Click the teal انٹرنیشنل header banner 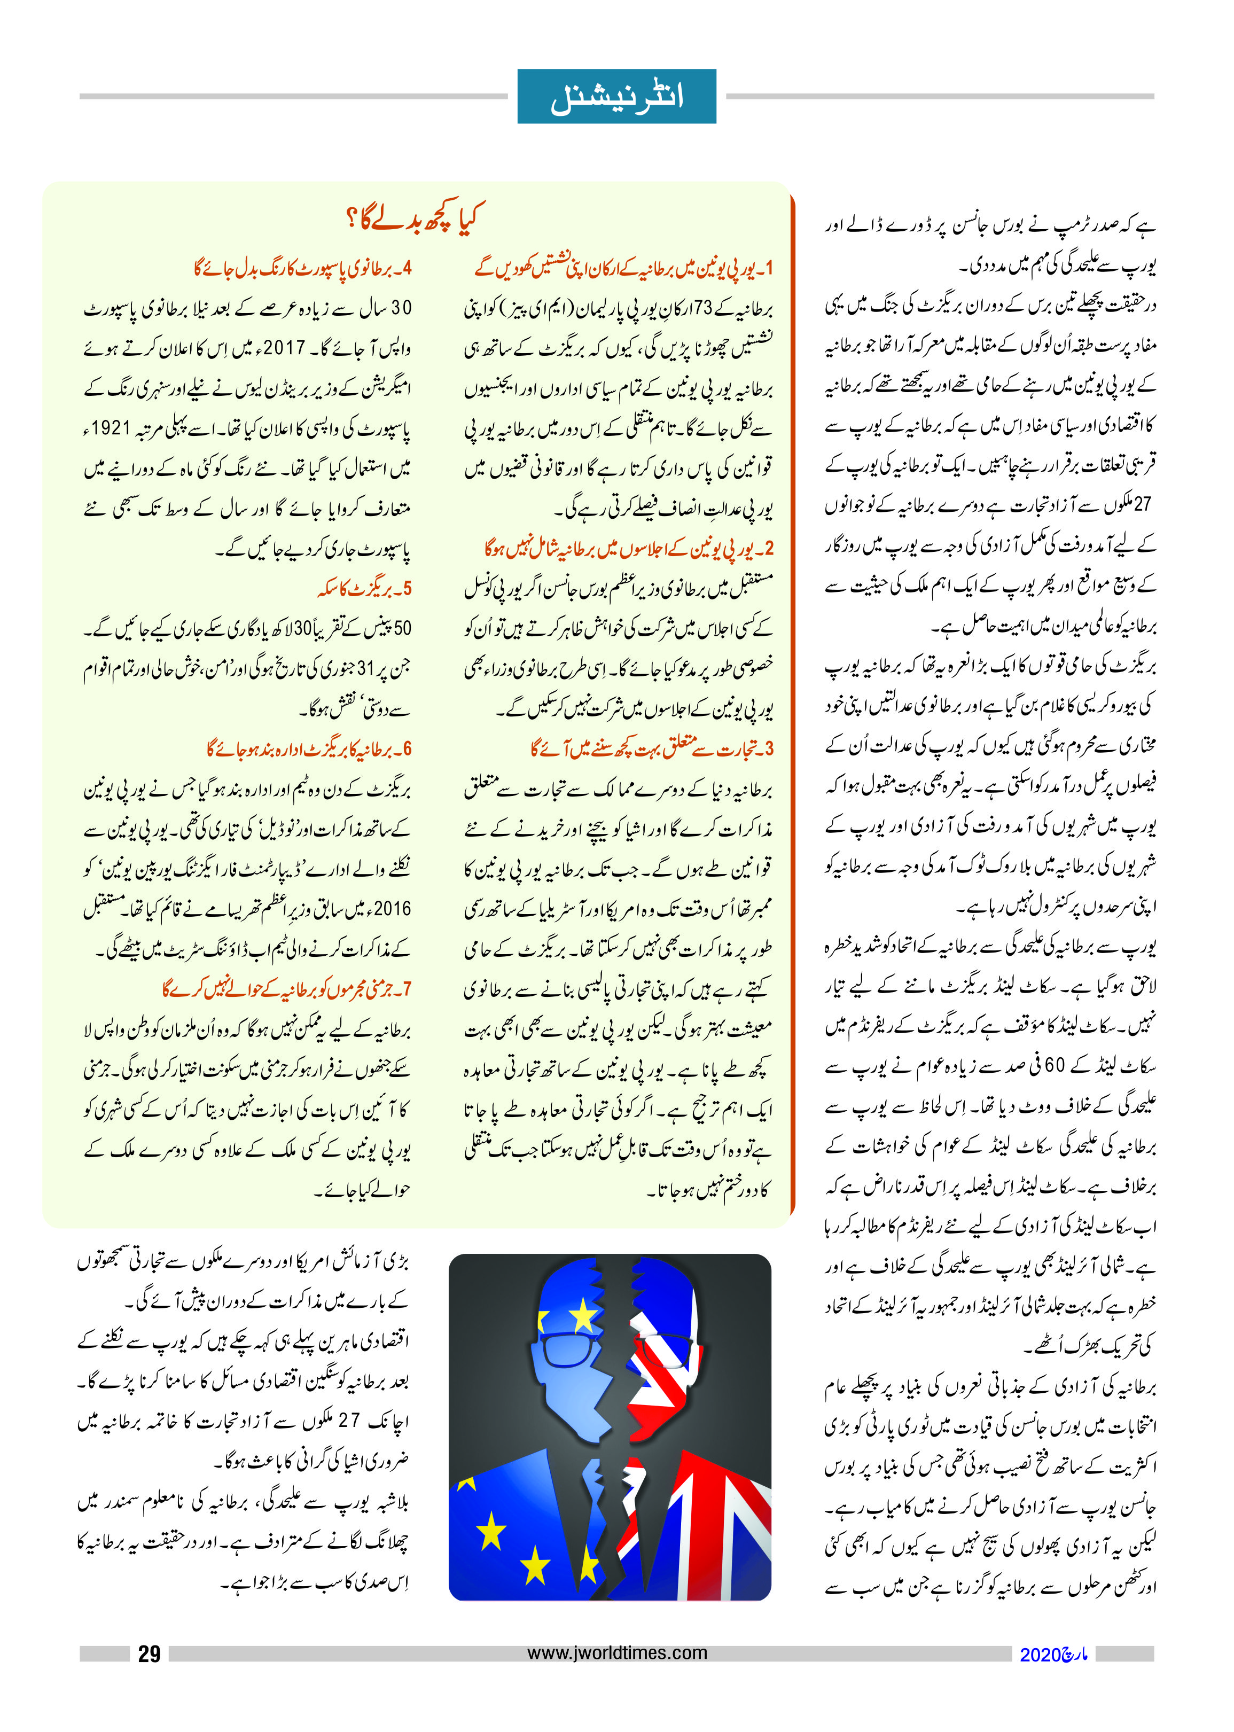pyautogui.click(x=616, y=97)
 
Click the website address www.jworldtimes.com pyautogui.click(x=616, y=1652)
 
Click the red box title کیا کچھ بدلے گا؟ pyautogui.click(x=413, y=219)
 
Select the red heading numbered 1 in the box pyautogui.click(x=624, y=268)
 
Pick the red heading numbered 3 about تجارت pyautogui.click(x=651, y=748)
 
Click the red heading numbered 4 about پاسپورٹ pyautogui.click(x=302, y=268)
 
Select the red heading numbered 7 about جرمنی pyautogui.click(x=286, y=989)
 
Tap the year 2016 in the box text pyautogui.click(x=392, y=909)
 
